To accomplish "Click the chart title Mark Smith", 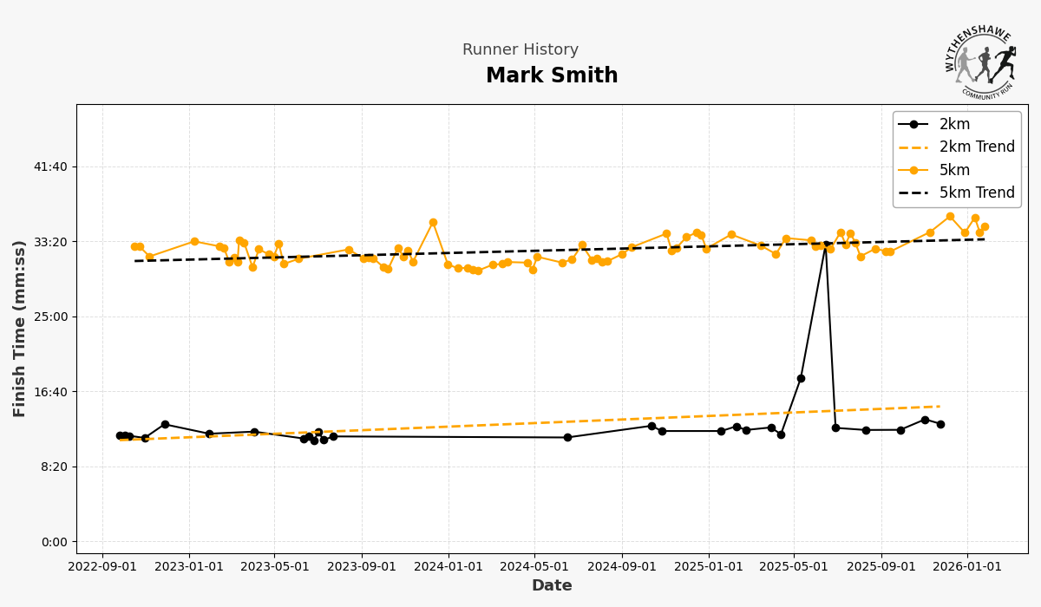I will (x=552, y=76).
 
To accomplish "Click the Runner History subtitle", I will (x=520, y=50).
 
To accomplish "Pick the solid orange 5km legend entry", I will (x=954, y=171).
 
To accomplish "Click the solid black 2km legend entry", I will (x=954, y=125).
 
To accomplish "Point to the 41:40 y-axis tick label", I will (x=49, y=166).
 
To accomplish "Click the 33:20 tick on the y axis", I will (x=49, y=242).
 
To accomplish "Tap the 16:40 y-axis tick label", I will (x=49, y=392).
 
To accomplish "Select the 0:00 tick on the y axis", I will (x=53, y=542).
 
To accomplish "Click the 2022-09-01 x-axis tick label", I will (x=102, y=567).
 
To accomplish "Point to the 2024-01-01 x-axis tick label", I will (x=448, y=567).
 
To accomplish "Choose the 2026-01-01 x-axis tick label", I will (x=967, y=567).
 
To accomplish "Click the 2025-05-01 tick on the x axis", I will (x=794, y=567).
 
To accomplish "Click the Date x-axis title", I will (x=552, y=586).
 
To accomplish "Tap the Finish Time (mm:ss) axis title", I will (x=20, y=329).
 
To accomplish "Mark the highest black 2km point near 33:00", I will (x=826, y=245).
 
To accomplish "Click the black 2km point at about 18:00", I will (x=801, y=378).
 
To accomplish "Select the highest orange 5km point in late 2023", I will (x=433, y=223).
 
